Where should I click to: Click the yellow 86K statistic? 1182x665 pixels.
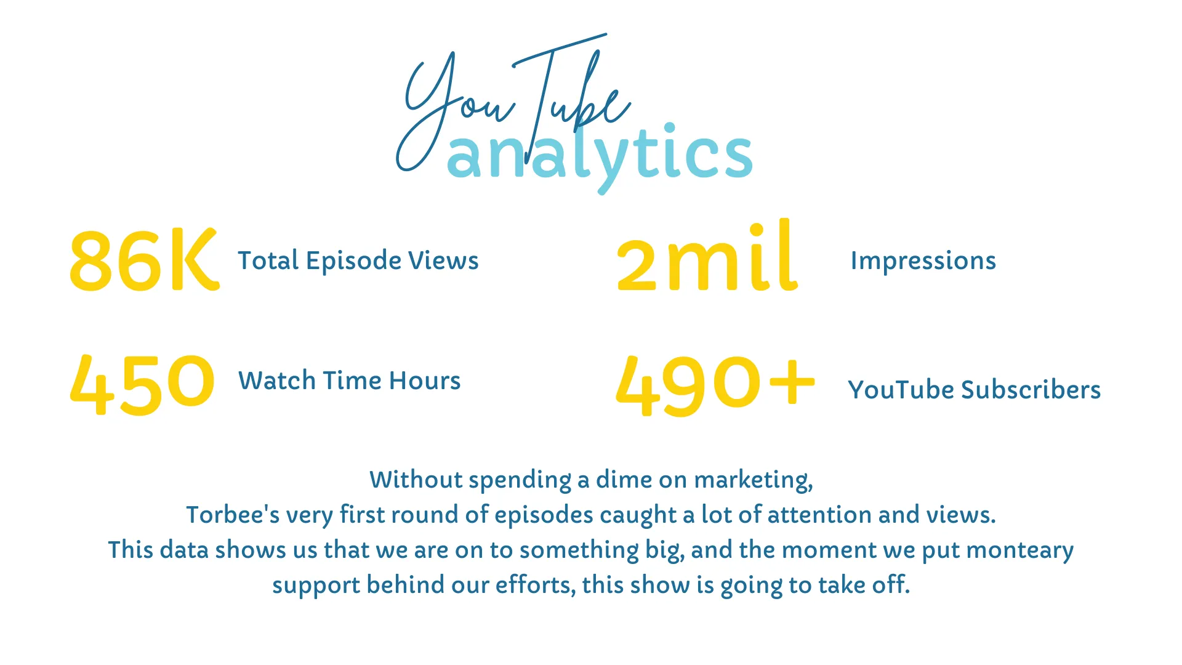click(144, 259)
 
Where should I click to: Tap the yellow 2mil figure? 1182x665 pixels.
click(707, 256)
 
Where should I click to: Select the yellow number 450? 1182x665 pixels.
click(142, 384)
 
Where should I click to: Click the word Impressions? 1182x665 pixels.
click(923, 261)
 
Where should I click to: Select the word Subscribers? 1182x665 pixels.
click(1031, 390)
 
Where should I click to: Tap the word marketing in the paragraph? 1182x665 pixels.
click(754, 481)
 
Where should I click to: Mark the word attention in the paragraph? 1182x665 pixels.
click(819, 515)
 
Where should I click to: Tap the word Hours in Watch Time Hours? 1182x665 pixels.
click(425, 381)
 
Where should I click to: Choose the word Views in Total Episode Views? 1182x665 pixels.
click(443, 260)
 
